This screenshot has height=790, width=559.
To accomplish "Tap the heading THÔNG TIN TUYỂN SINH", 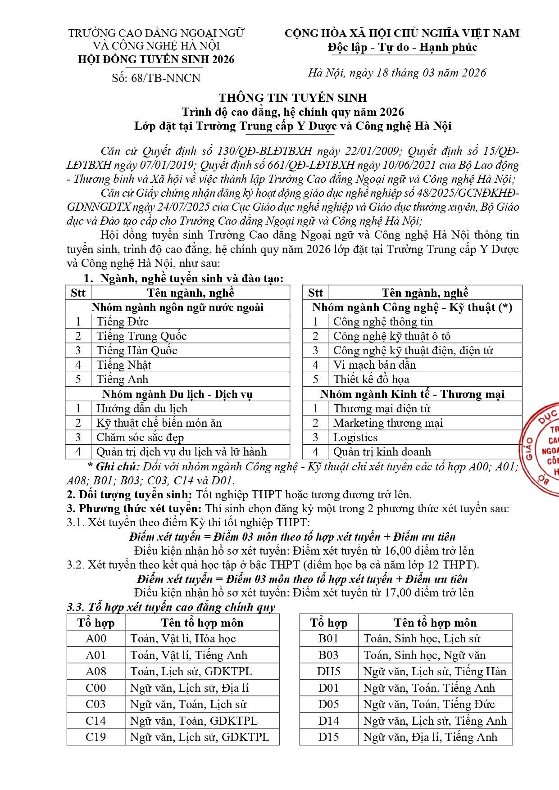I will (x=293, y=98).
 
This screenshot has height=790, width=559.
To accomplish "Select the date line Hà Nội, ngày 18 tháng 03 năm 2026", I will (x=397, y=73).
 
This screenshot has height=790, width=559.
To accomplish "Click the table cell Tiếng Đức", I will (x=123, y=321).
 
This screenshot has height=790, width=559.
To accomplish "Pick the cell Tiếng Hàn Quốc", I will (x=137, y=350).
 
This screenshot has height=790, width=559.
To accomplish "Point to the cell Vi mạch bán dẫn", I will (x=374, y=365).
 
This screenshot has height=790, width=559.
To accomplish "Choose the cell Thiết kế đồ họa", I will (x=371, y=379).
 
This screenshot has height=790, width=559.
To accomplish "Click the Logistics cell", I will (x=355, y=437).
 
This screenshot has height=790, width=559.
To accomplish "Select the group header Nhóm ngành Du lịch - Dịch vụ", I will (x=177, y=394).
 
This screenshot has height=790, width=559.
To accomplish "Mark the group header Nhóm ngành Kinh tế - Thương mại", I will (x=412, y=394).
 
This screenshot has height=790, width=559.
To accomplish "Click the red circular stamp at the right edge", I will (x=543, y=448).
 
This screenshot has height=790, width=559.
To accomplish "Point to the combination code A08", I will (x=96, y=671).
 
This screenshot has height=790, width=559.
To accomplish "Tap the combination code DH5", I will (x=329, y=671).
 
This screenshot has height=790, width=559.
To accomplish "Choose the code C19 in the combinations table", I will (x=96, y=737).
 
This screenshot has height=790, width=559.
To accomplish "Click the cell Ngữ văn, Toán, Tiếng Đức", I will (x=429, y=704).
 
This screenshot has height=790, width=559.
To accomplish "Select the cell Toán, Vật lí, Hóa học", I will (x=183, y=638).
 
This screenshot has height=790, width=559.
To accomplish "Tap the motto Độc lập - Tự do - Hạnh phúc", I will (x=402, y=47).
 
